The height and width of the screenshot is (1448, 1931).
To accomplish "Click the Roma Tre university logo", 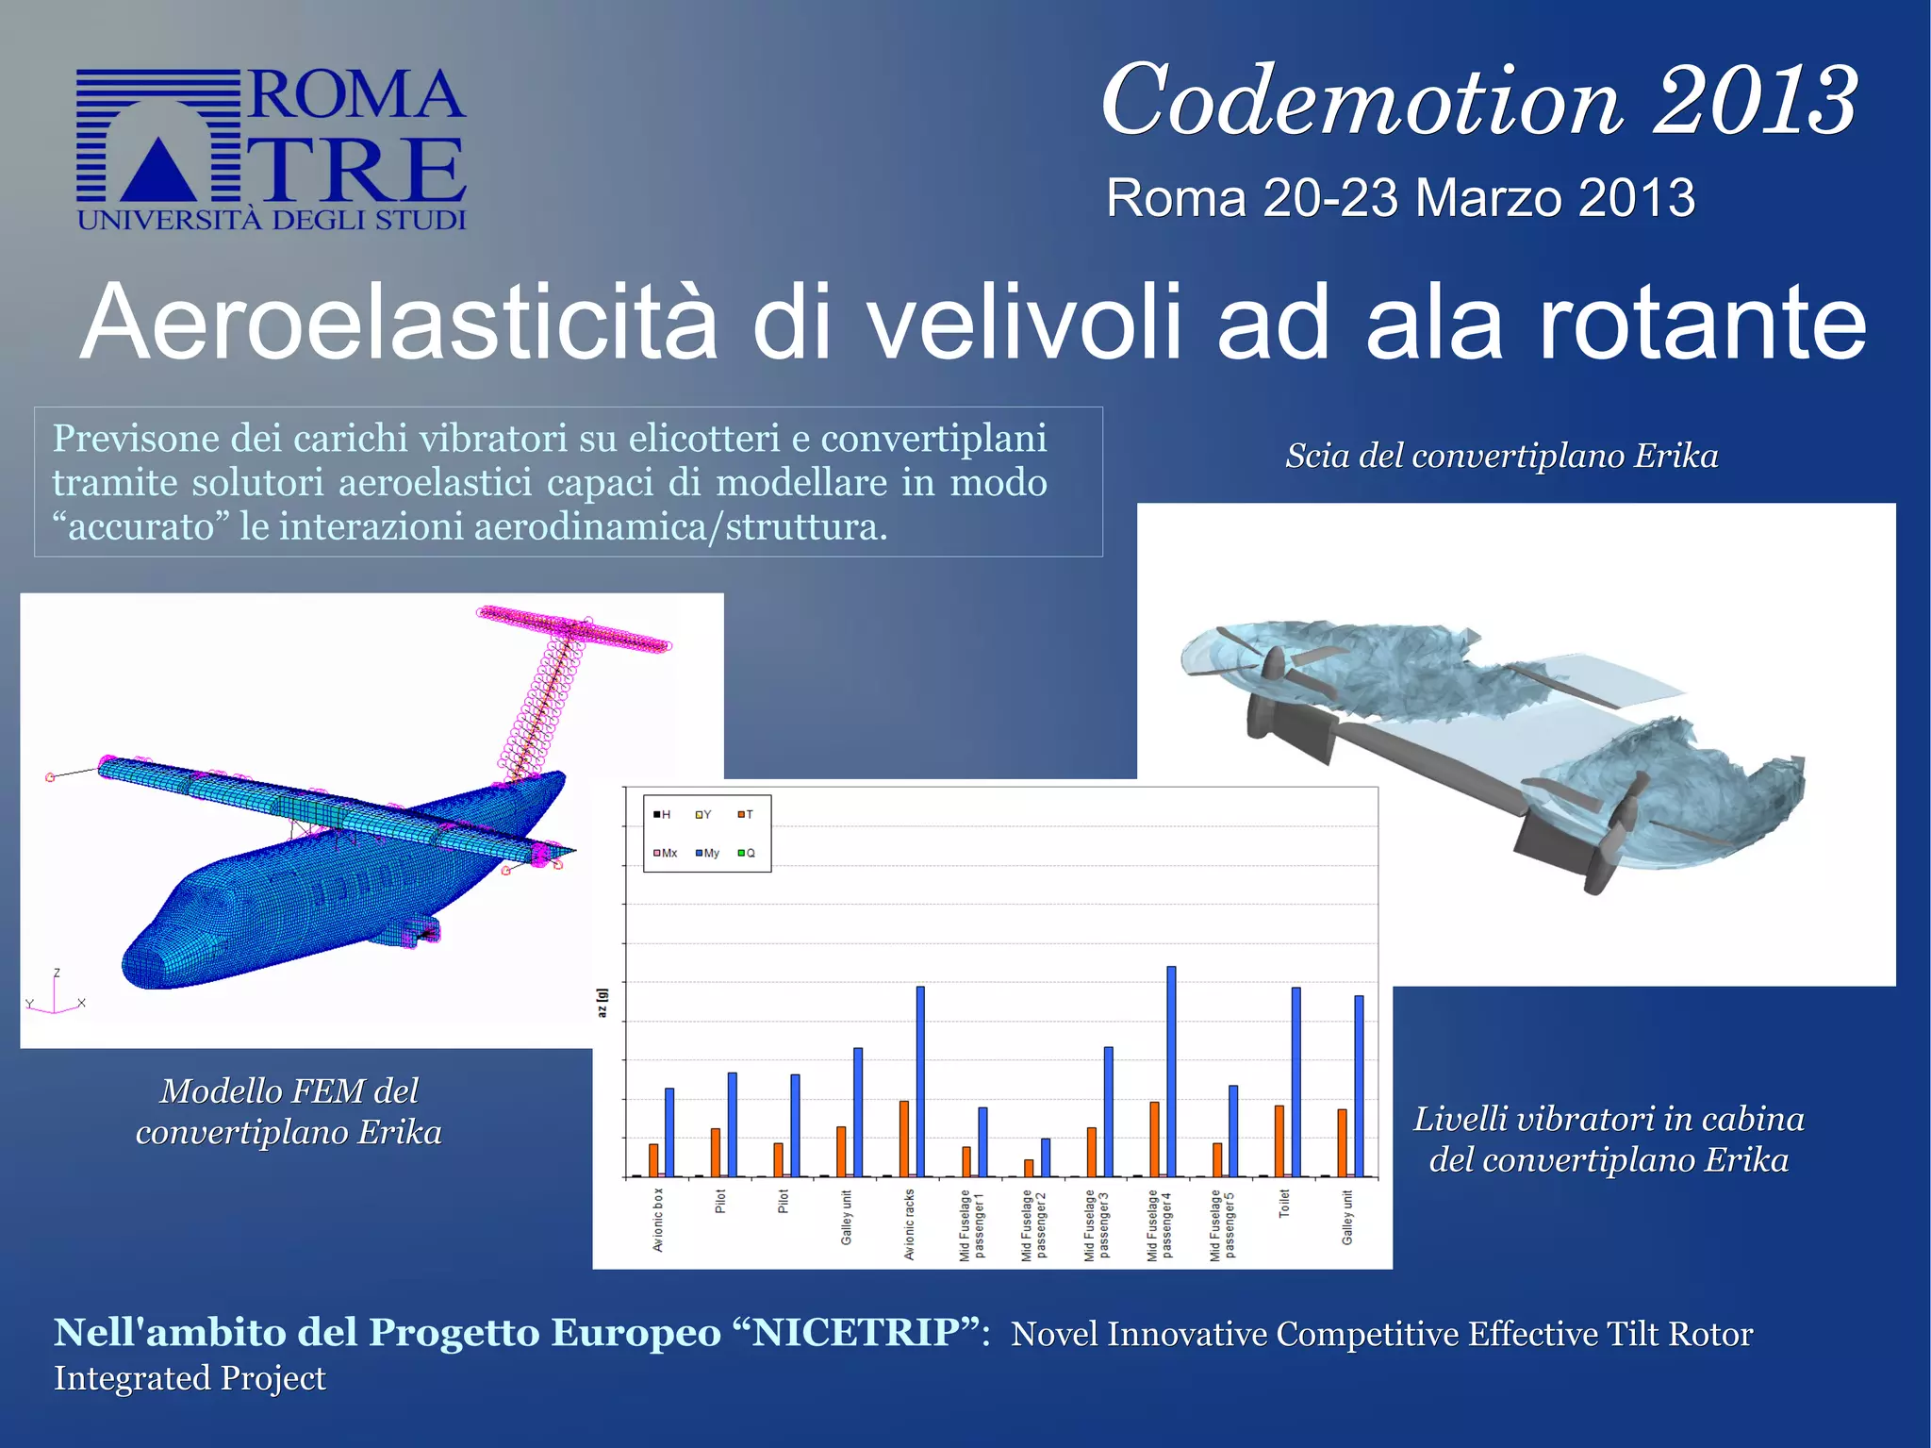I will click(271, 149).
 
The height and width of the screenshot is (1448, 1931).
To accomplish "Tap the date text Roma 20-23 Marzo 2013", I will click(1400, 198).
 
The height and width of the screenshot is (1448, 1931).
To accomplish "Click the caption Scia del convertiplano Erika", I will click(1501, 456).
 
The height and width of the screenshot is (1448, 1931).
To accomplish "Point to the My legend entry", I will click(707, 853).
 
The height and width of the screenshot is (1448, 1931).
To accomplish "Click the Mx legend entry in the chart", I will click(666, 853).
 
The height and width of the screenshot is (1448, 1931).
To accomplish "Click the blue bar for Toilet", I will click(1296, 1081).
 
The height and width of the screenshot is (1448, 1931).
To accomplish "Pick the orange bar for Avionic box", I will click(653, 1159).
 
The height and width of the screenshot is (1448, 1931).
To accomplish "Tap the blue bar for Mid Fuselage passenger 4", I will click(1171, 1071).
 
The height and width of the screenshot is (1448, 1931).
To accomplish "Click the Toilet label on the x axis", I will click(1283, 1204).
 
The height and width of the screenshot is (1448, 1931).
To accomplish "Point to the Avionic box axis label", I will click(658, 1220).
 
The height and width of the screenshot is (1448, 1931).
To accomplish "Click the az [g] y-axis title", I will click(602, 1003).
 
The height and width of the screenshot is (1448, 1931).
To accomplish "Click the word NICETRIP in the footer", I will click(857, 1332).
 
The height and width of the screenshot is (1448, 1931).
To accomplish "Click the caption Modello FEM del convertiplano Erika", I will click(289, 1111).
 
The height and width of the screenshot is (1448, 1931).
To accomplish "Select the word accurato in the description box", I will click(141, 526).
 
